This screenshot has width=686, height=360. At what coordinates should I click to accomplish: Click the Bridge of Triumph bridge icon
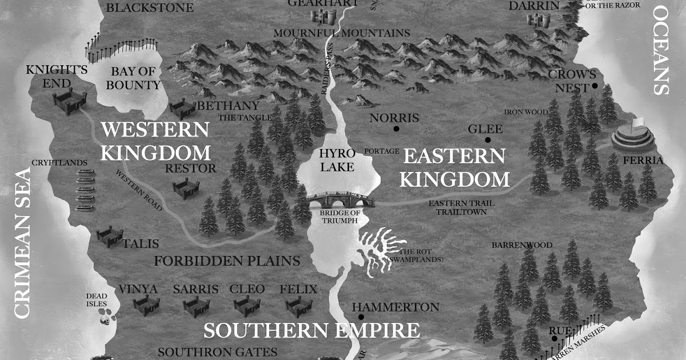pos(340,200)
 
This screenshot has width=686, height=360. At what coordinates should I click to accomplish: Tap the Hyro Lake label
pos(337,161)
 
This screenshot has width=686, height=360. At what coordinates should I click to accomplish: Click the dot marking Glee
pos(488,139)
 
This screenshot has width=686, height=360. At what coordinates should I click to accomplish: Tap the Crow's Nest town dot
pos(595,86)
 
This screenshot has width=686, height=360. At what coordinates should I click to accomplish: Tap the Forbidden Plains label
pos(227,261)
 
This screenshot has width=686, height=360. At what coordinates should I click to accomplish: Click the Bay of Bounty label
pos(135,78)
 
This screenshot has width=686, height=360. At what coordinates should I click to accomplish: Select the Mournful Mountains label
pos(341,33)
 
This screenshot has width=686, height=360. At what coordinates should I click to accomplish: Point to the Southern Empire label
pos(312,331)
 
